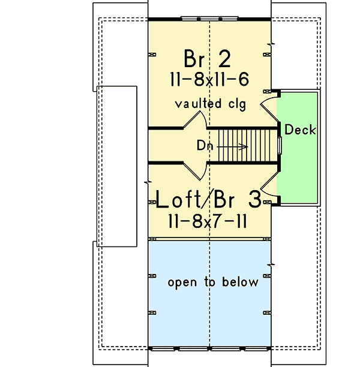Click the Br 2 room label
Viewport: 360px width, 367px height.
tap(207, 59)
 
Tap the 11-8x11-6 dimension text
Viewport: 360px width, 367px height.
tap(209, 79)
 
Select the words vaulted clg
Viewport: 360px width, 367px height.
tap(211, 104)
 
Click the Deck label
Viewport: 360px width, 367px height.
tap(300, 130)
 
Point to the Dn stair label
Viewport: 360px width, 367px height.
tap(205, 145)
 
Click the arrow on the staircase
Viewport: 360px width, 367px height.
tap(232, 147)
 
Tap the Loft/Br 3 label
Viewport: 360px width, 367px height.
tap(208, 199)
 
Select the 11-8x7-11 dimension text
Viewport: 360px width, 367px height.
tap(208, 221)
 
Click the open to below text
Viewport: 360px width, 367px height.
tap(213, 282)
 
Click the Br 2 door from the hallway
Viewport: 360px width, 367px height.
tap(195, 120)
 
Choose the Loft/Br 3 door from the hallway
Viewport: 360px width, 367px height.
tap(195, 172)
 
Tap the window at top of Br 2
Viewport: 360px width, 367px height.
tap(209, 19)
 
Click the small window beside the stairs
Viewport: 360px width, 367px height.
tap(280, 145)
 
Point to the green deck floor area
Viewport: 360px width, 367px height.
tap(297, 148)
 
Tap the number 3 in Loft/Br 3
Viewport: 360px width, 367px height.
tap(255, 199)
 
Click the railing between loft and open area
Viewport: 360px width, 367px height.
tap(209, 239)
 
